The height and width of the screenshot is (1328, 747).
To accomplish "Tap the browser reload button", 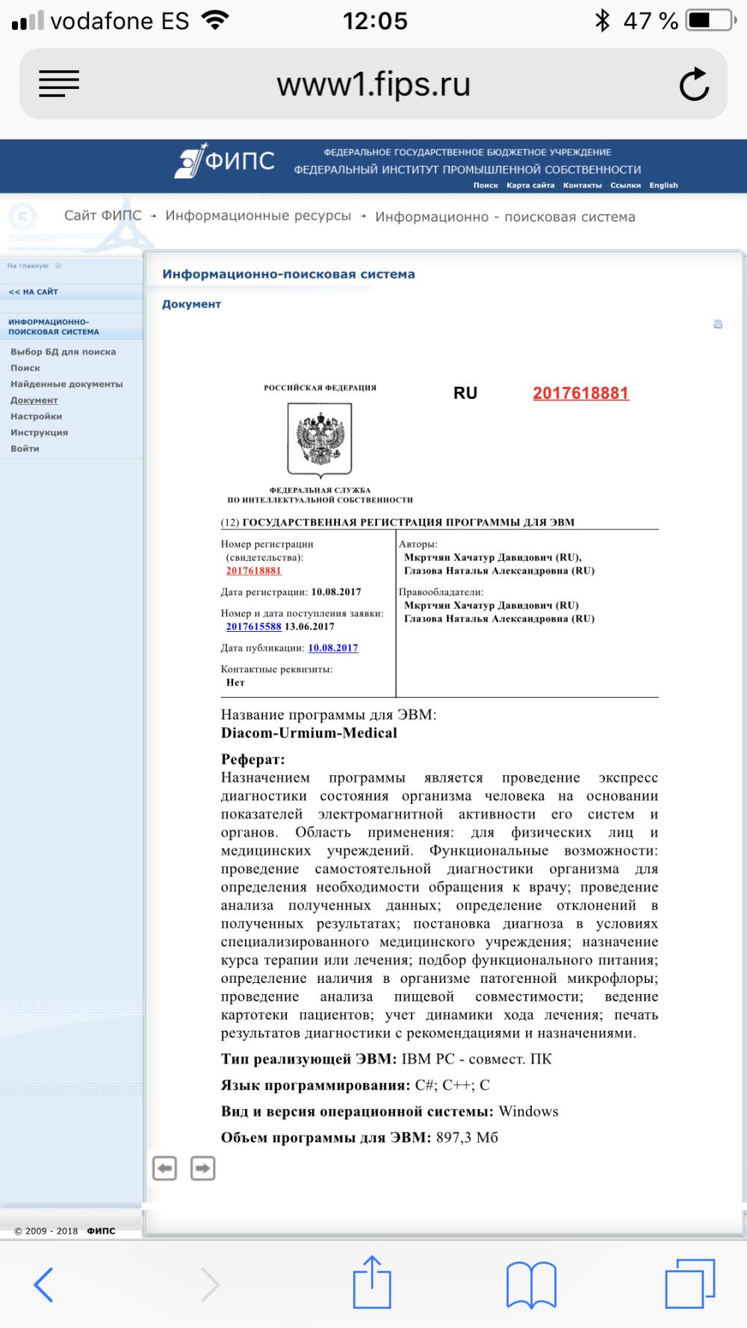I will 694,84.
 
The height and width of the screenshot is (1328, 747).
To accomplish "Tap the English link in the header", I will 663,185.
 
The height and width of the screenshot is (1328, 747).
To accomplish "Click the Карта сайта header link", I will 530,185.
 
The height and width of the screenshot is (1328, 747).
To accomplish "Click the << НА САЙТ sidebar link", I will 33,292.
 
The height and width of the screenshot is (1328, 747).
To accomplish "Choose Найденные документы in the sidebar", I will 66,384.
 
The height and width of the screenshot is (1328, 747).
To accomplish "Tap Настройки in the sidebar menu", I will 36,416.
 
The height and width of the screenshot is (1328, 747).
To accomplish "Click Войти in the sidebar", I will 25,448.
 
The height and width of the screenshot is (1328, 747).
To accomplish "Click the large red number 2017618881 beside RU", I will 580,394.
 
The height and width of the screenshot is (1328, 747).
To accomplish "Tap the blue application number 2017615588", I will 253,627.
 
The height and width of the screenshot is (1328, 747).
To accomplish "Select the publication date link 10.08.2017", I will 332,648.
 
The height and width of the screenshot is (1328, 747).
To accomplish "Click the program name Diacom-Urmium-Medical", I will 309,733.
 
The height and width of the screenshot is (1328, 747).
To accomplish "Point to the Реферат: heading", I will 252,759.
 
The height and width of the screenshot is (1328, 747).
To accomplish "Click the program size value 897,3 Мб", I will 466,1138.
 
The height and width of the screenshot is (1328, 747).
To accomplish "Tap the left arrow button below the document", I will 164,1167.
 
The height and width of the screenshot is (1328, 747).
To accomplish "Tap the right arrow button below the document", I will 202,1167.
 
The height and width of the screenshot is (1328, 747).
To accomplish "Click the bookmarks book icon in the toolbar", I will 530,1285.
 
